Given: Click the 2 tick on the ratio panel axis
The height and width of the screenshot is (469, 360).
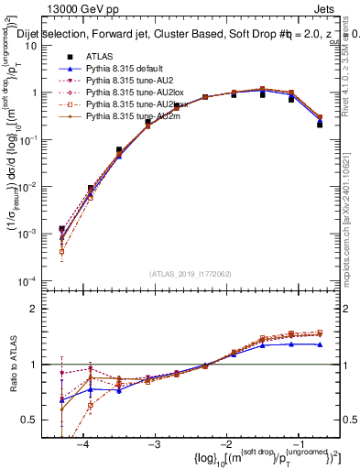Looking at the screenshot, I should pyautogui.click(x=44, y=309).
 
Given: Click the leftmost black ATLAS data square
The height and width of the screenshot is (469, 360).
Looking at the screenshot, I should pyautogui.click(x=61, y=229).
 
